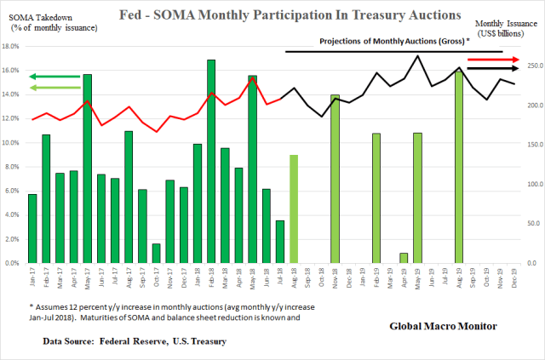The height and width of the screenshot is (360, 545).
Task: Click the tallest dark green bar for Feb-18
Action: pyautogui.click(x=211, y=162)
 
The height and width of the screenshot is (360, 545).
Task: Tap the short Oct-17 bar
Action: pyautogui.click(x=156, y=254)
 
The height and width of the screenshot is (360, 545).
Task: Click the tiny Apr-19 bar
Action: pyautogui.click(x=404, y=258)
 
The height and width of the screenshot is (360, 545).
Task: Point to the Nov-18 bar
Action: pyautogui.click(x=335, y=179)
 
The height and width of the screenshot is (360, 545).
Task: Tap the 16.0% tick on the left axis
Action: pyautogui.click(x=13, y=71)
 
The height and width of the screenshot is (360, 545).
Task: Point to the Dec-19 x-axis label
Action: pyautogui.click(x=514, y=278)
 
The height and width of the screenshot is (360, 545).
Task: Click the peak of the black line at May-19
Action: pyautogui.click(x=417, y=57)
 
